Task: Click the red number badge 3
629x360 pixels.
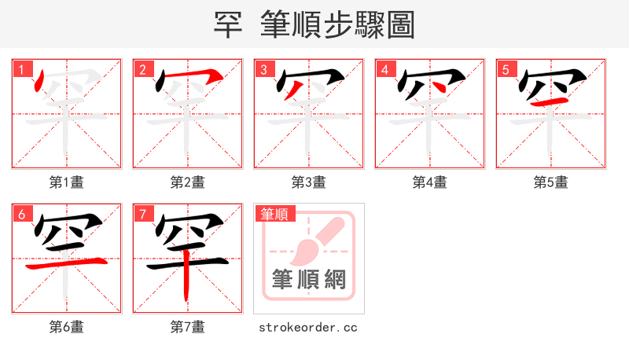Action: pos(264,69)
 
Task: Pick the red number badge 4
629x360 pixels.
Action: pos(385,69)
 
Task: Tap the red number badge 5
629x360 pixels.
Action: pos(506,69)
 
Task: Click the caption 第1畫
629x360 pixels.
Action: pos(67,182)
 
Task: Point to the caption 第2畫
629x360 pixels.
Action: pos(188,182)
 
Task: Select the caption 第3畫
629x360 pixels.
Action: pos(309,182)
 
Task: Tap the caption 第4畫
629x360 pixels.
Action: pos(430,182)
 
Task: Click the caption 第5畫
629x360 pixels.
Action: pos(551,182)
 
